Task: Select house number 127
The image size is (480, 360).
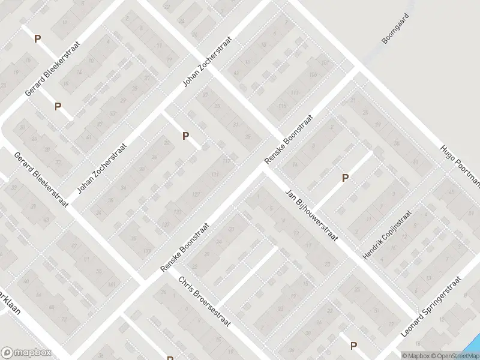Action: (x=196, y=194)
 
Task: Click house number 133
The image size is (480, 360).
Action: (x=177, y=212)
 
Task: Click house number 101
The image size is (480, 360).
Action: (x=325, y=62)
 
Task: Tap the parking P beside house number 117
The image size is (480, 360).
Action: (x=186, y=136)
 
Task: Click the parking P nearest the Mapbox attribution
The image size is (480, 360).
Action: (x=353, y=346)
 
